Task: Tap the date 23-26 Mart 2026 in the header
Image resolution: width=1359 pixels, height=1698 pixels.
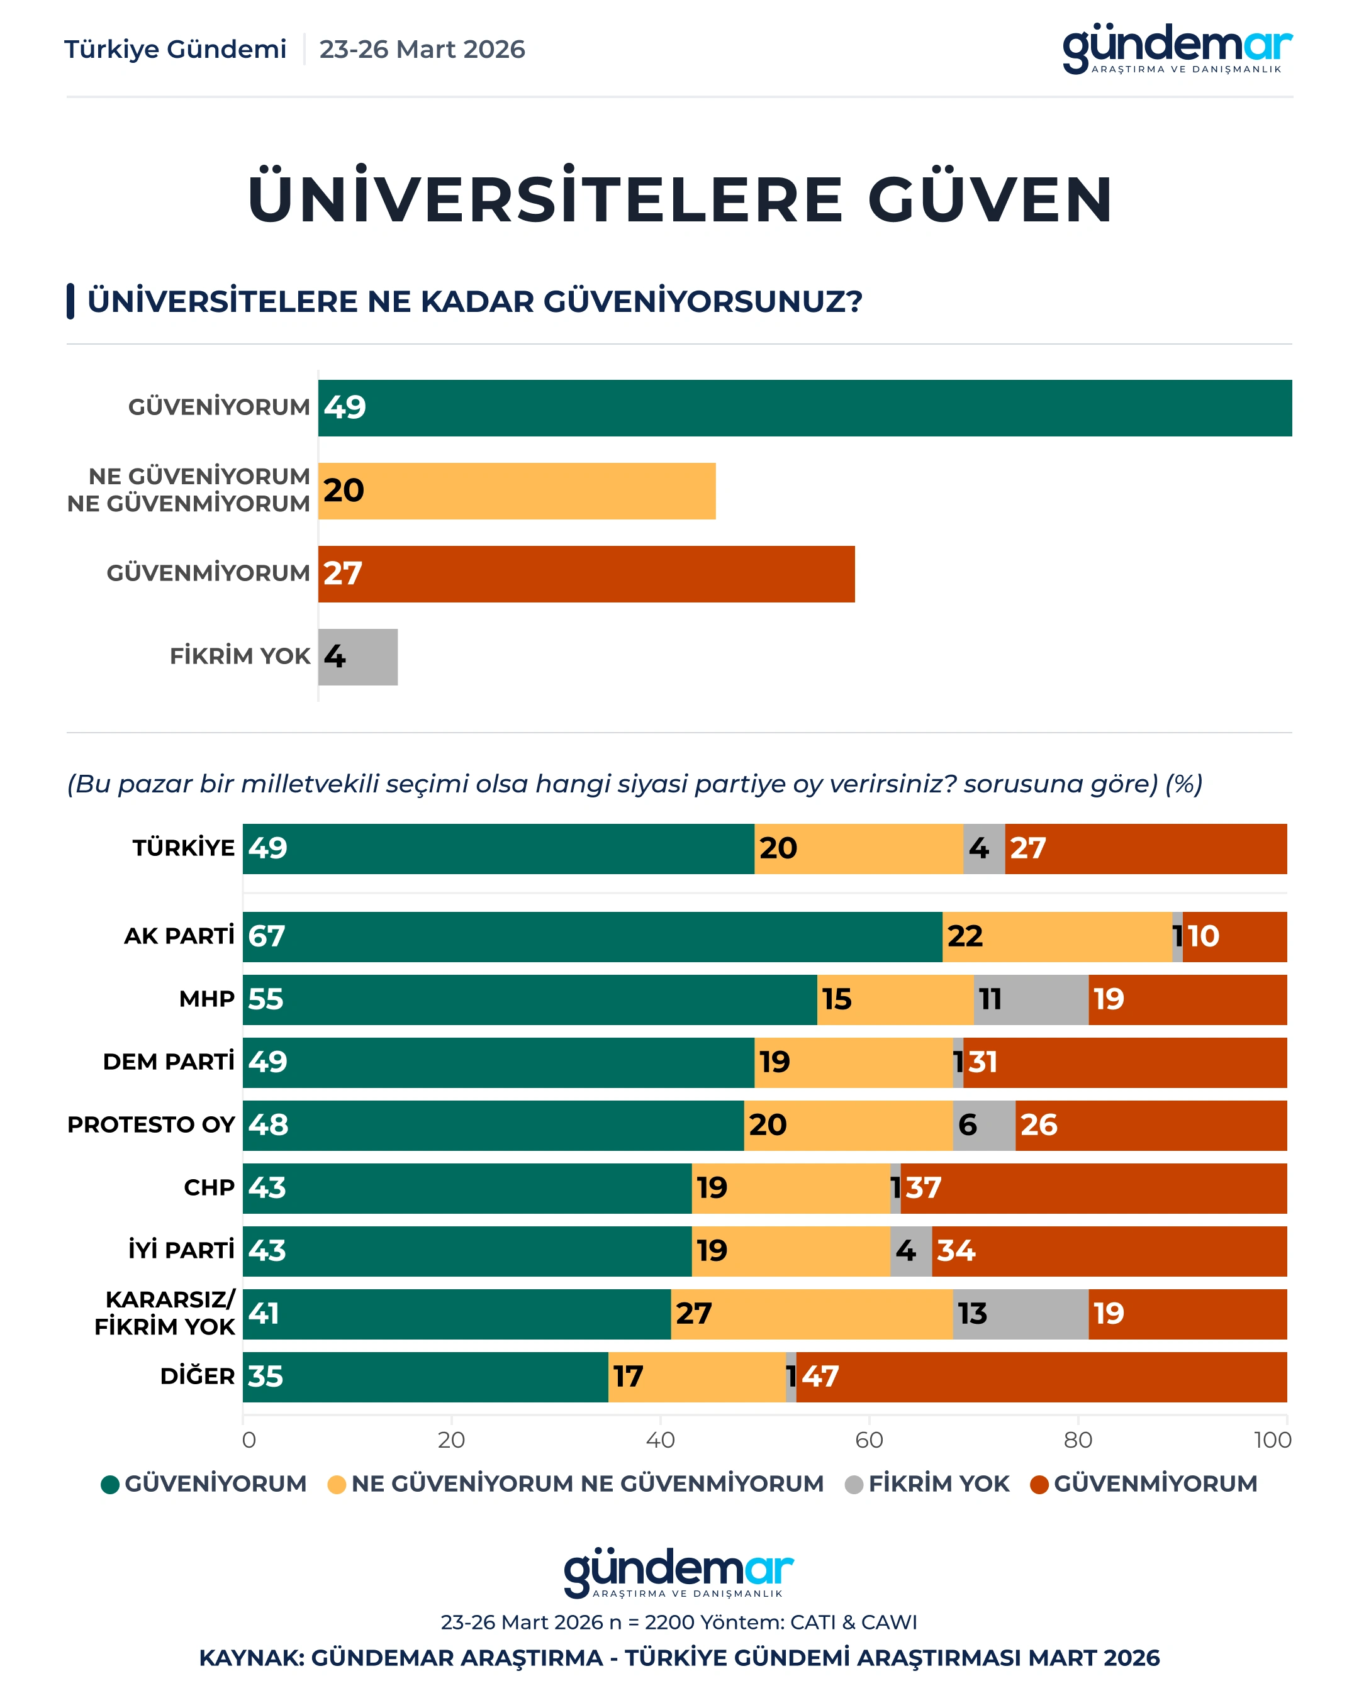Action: [x=422, y=50]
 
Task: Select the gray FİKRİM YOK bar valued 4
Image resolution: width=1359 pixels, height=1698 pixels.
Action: [x=357, y=657]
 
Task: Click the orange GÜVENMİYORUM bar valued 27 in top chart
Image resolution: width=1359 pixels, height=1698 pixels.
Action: [x=586, y=574]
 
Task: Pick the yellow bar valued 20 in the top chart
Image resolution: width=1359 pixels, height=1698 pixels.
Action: [x=517, y=491]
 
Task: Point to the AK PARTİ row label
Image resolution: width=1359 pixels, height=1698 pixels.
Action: [x=179, y=936]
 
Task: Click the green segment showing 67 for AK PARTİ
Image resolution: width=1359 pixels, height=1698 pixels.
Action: [x=591, y=936]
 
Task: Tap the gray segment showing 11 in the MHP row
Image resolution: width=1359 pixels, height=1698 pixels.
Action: [x=1031, y=999]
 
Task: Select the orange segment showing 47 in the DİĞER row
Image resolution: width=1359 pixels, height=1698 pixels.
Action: [x=1041, y=1377]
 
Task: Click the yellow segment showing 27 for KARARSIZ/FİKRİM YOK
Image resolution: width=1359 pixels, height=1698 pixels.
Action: [x=812, y=1314]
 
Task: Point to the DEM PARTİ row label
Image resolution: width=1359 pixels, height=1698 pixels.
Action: [x=169, y=1062]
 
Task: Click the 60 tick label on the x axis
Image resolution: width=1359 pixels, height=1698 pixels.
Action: [x=869, y=1440]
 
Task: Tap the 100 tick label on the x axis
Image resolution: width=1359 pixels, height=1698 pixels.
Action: [x=1272, y=1440]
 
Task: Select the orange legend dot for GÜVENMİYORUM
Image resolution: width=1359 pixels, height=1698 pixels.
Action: [x=1039, y=1485]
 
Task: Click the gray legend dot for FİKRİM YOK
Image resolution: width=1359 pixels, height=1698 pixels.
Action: [x=853, y=1485]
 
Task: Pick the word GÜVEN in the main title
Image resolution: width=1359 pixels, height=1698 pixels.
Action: [x=990, y=199]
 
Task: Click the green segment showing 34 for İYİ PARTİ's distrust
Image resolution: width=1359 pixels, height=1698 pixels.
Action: [x=1109, y=1251]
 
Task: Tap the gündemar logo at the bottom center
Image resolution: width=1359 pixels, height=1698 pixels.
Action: [x=678, y=1573]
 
